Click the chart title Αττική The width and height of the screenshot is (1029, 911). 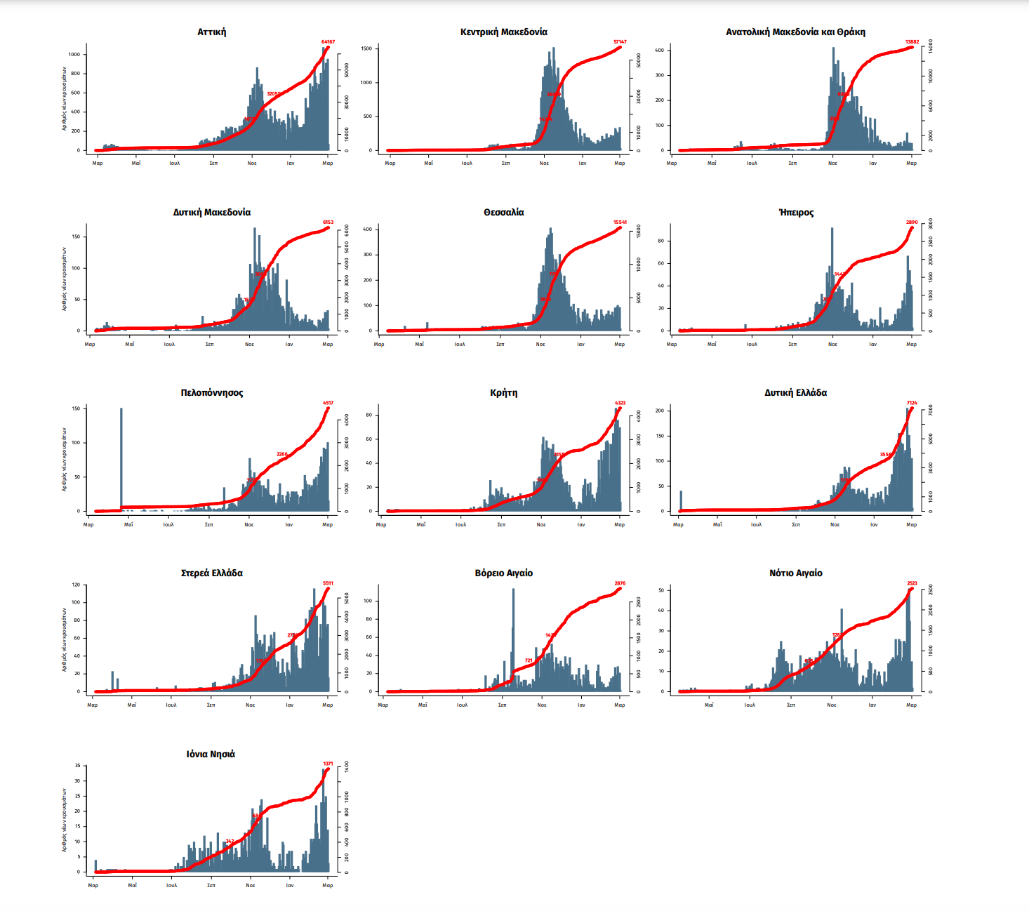click(211, 32)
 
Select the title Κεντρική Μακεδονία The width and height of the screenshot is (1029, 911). click(503, 32)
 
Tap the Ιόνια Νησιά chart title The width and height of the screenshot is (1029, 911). click(211, 754)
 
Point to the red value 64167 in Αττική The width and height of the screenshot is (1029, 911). click(328, 42)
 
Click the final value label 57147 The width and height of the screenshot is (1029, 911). click(620, 42)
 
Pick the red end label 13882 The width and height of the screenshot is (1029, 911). click(912, 42)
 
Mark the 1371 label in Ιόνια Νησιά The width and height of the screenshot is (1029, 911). click(328, 764)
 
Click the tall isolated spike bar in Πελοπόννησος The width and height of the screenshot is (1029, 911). click(121, 456)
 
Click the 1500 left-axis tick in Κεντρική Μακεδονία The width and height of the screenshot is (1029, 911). click(366, 48)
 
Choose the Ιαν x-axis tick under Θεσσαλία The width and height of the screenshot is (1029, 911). click(580, 345)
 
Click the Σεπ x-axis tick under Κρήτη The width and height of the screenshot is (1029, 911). click(501, 525)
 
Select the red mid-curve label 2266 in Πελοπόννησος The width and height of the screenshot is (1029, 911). click(281, 454)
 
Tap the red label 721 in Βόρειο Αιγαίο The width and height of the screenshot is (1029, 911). click(529, 660)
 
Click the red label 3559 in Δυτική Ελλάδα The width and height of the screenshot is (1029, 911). click(886, 455)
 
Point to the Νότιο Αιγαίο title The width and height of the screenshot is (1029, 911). click(795, 573)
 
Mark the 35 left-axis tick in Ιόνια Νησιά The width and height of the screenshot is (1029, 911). click(78, 766)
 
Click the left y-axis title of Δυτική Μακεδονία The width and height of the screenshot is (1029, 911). click(64, 279)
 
